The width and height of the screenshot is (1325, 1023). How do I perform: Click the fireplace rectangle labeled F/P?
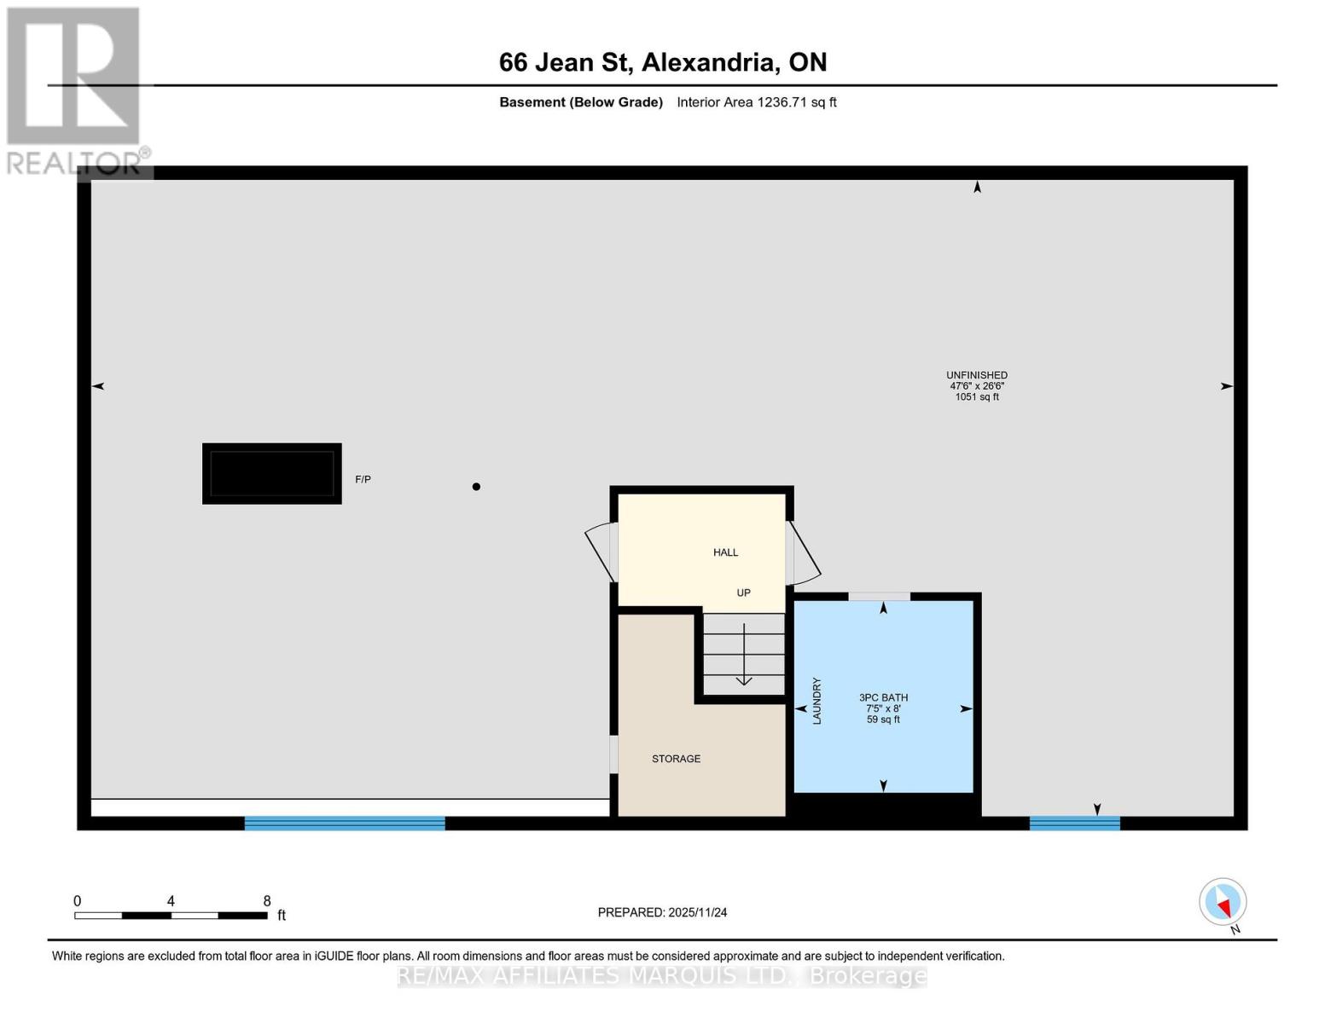point(271,473)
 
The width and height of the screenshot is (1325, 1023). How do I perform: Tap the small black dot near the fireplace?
point(476,487)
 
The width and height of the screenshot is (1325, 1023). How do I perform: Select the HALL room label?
point(725,552)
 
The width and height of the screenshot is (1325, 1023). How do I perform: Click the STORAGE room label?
point(676,759)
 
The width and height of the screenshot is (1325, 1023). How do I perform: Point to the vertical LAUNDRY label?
point(817,701)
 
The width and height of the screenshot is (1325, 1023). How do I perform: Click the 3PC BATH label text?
point(883,697)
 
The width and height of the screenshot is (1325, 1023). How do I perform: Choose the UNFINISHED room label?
point(976,375)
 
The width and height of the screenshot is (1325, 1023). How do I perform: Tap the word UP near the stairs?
point(743,592)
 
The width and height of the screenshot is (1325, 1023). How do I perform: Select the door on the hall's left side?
point(601,550)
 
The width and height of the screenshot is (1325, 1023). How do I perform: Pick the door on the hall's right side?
point(803,552)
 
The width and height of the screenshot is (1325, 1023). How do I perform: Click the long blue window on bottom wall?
point(345,823)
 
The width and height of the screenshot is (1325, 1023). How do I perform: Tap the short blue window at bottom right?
point(1074,823)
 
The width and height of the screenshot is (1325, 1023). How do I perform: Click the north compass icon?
point(1223,902)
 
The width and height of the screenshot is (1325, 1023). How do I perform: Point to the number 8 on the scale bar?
point(267,901)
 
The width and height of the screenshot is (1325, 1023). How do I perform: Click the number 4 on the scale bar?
point(171,901)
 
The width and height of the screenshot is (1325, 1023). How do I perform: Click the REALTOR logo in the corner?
point(74,90)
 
